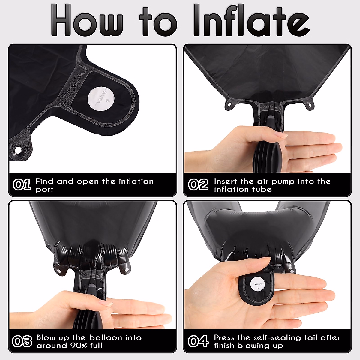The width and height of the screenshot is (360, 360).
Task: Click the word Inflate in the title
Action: coord(251,20)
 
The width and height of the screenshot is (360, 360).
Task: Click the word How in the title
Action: coord(87,20)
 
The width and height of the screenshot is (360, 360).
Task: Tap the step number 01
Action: coord(22,184)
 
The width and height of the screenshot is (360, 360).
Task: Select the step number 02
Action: coord(198,184)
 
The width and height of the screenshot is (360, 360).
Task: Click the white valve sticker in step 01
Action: coord(101,99)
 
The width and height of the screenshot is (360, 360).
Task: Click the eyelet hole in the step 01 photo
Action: coord(18,150)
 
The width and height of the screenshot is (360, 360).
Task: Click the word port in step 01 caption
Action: coord(44,189)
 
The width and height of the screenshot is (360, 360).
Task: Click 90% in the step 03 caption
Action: coord(79,345)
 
